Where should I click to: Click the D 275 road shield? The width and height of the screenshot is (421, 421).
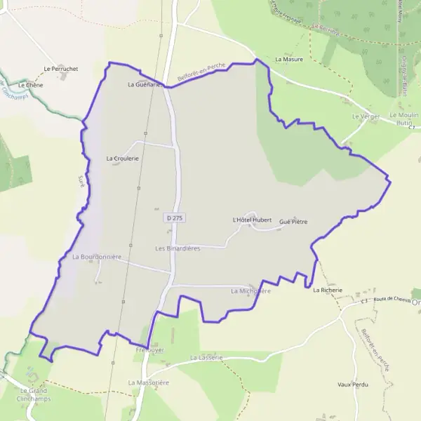point(175,218)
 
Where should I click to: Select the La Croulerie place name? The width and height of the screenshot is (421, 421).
point(123,159)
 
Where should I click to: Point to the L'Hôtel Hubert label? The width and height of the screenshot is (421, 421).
point(251,220)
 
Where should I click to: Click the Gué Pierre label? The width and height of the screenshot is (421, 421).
point(293,222)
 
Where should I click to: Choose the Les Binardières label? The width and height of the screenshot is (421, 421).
point(178,248)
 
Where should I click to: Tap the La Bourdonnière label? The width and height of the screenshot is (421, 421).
point(97,257)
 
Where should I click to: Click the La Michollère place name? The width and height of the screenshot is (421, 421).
point(250,290)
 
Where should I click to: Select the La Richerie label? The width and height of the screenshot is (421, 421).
point(328,290)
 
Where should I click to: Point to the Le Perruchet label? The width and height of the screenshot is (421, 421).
point(60,69)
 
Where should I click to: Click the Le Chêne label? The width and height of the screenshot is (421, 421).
point(31,85)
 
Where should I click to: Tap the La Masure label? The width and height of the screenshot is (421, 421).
point(289,60)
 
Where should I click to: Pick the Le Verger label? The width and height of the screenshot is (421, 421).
point(366,115)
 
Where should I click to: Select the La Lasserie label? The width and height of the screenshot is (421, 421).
point(206,357)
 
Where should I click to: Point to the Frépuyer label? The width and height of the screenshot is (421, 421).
point(150,349)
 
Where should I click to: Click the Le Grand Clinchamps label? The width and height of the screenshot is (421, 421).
point(33,394)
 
